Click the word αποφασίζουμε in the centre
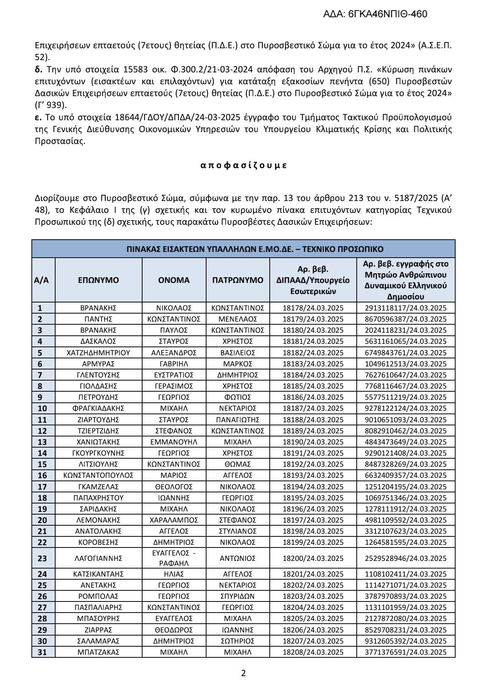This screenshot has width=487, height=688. pos(243,165)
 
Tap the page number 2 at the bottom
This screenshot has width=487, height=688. pos(243,673)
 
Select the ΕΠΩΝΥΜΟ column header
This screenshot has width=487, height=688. pos(98,280)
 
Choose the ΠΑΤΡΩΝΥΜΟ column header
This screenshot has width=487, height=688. pos(238,280)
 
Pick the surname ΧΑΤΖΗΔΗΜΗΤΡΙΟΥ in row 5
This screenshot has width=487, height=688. pos(98,353)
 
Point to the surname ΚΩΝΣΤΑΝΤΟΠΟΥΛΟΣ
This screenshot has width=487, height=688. pos(98,475)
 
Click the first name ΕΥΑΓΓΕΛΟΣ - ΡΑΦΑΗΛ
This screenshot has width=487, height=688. pos(174,558)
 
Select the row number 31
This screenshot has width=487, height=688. pos(42,652)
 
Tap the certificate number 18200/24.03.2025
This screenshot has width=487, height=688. pos(313,558)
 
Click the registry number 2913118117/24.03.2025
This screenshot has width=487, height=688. pos(405,308)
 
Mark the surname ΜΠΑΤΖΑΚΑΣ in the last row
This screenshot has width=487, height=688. pos(98,652)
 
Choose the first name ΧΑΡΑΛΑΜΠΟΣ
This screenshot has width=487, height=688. pos(174,520)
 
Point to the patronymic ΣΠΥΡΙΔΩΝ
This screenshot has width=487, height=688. pos(238,596)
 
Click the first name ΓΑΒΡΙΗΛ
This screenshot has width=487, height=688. pos(174,364)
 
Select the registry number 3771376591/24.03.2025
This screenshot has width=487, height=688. pos(405,652)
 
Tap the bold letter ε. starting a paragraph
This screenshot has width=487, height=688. pos(38,117)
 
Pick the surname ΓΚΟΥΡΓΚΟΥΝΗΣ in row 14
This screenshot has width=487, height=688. pos(98,453)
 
